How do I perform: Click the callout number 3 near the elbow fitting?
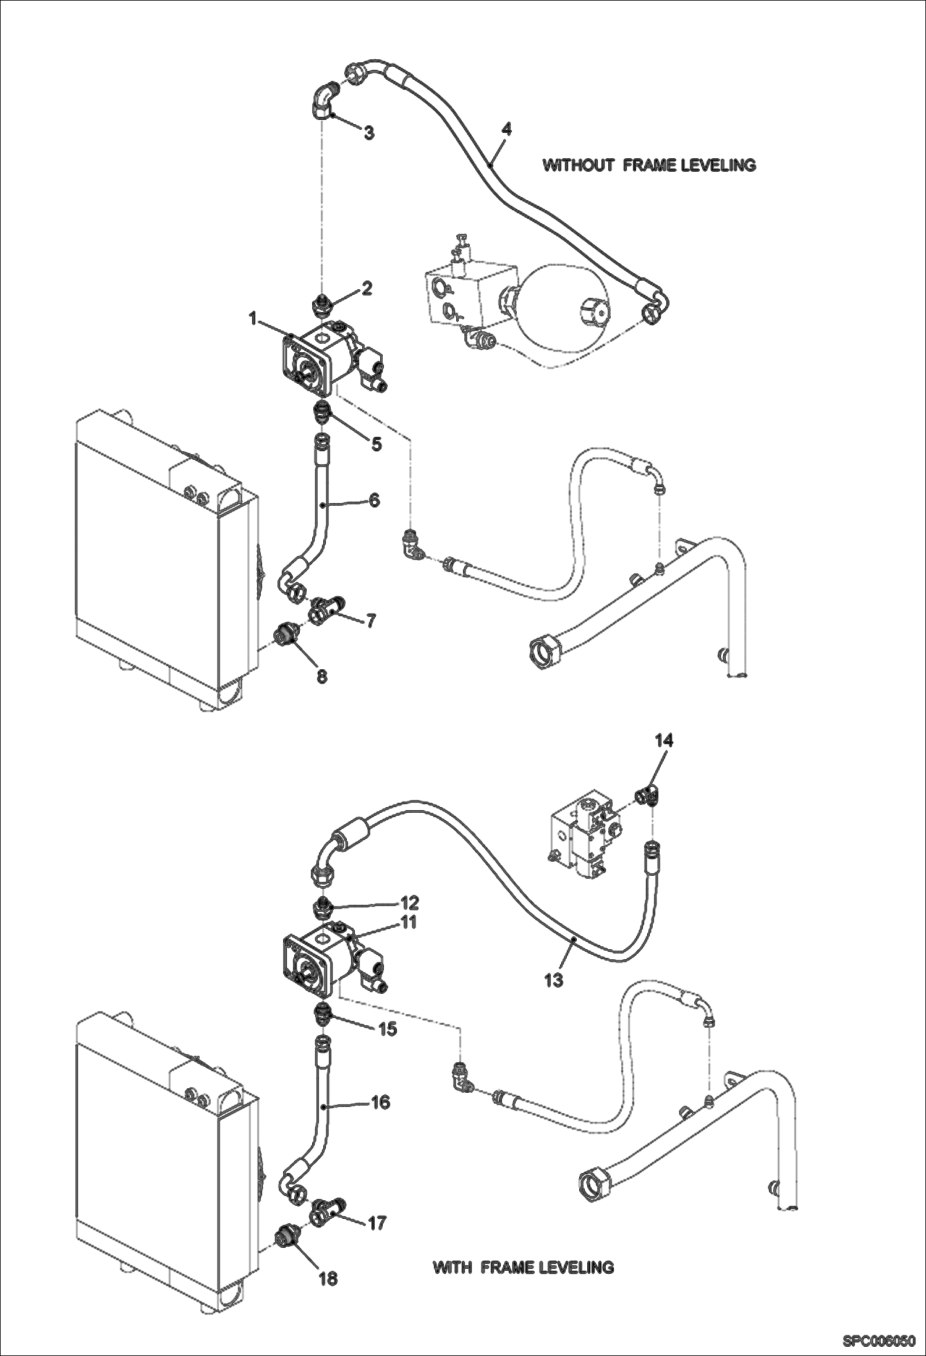tap(368, 133)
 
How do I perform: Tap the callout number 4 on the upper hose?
tap(506, 129)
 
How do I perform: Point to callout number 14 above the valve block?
tap(664, 740)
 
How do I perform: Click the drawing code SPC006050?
tap(878, 1340)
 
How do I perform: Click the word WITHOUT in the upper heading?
tap(578, 165)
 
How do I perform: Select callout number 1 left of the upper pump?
tap(253, 318)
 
